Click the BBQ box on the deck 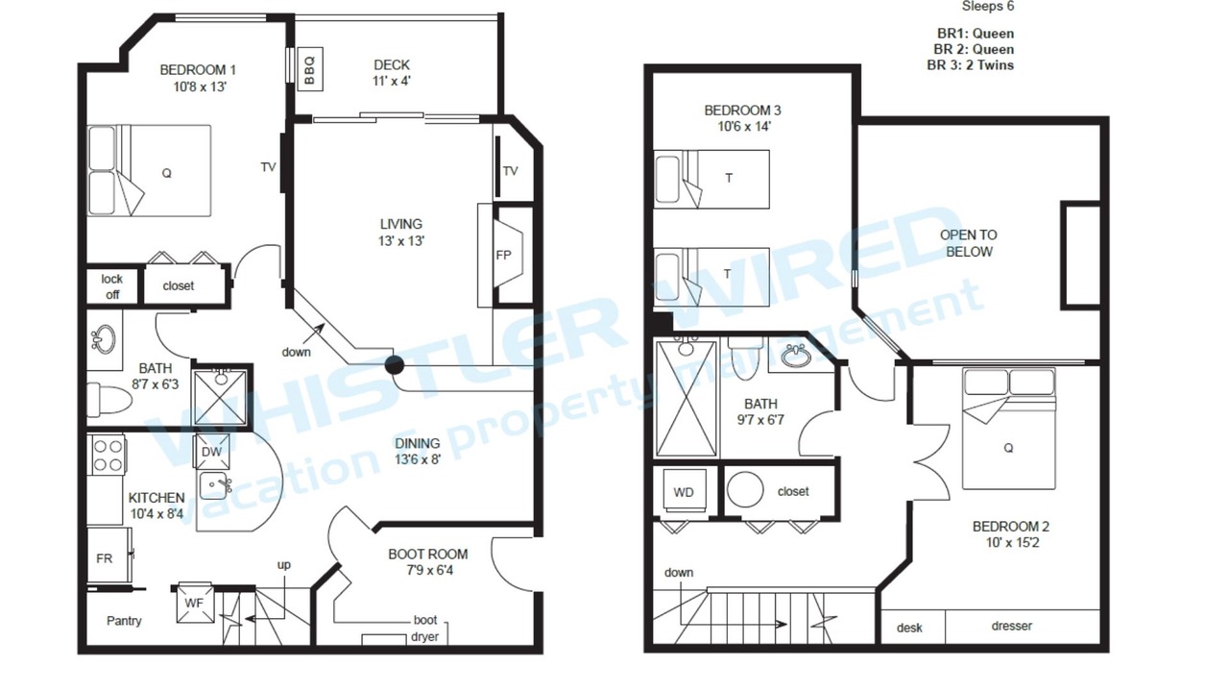(x=309, y=69)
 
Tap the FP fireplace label (x=503, y=255)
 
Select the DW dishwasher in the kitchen (x=211, y=452)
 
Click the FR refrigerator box (x=109, y=556)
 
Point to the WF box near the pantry (x=194, y=603)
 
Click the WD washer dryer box (x=684, y=491)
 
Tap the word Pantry (x=124, y=621)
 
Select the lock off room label (x=112, y=286)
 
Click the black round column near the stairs (x=394, y=365)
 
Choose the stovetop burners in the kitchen (x=108, y=456)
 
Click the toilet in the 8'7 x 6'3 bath (x=109, y=399)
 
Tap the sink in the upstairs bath (x=796, y=356)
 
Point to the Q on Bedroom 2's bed (x=1008, y=448)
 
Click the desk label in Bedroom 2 (x=909, y=628)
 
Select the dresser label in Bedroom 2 (x=1012, y=626)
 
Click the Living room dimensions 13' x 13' (x=401, y=240)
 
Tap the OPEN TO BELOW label (x=969, y=243)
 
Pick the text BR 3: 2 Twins (x=970, y=64)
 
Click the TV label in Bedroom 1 (x=268, y=167)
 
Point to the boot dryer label (x=425, y=629)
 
